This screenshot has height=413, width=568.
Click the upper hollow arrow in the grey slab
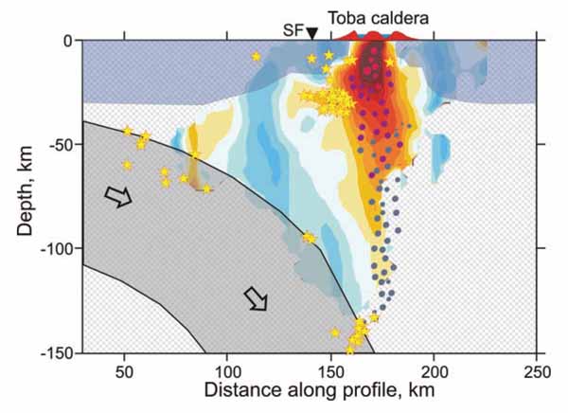[118, 196]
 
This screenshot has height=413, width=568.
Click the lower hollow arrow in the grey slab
[257, 298]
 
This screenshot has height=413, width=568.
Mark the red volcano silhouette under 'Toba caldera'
[374, 36]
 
